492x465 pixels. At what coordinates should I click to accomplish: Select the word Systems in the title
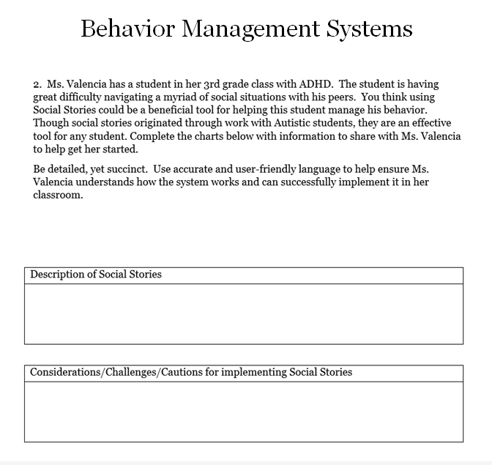point(370,29)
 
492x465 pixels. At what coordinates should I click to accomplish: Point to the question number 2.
point(36,85)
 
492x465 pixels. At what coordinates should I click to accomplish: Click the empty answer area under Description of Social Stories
point(243,313)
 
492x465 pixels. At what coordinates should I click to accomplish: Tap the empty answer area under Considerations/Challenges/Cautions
point(243,412)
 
